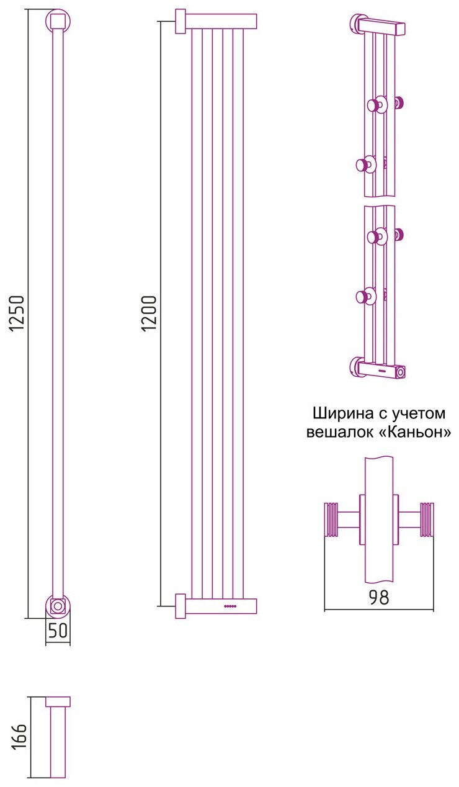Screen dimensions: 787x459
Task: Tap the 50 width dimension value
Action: (x=58, y=631)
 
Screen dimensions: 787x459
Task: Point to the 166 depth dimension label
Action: (x=20, y=737)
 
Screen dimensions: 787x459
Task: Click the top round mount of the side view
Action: (x=58, y=22)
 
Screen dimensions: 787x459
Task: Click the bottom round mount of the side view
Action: (x=58, y=605)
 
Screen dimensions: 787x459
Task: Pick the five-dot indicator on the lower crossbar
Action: (x=230, y=606)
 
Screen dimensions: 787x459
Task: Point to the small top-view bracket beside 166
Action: (x=58, y=702)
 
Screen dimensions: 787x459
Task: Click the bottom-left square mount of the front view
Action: (x=180, y=606)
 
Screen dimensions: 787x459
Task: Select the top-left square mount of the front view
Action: (x=180, y=22)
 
